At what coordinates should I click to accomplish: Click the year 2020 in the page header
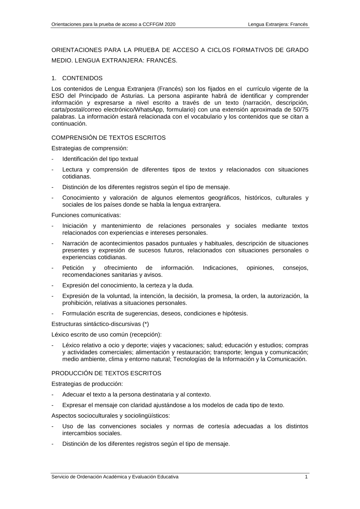pyautogui.click(x=169, y=24)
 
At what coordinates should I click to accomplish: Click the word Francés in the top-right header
pyautogui.click(x=298, y=24)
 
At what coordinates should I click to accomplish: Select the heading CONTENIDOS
pyautogui.click(x=82, y=78)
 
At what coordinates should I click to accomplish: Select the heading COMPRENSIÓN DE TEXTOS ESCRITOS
pyautogui.click(x=108, y=138)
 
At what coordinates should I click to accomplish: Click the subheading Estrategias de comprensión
pyautogui.click(x=90, y=148)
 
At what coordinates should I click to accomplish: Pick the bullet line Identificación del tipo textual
pyautogui.click(x=100, y=159)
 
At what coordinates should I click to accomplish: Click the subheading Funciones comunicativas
pyautogui.click(x=86, y=215)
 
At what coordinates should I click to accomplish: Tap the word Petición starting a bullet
pyautogui.click(x=73, y=268)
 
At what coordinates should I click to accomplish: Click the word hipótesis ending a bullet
pyautogui.click(x=235, y=314)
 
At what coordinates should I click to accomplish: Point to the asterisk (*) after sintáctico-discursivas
pyautogui.click(x=145, y=324)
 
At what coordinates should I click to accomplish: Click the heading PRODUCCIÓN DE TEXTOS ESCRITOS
pyautogui.click(x=106, y=373)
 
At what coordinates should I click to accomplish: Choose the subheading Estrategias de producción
pyautogui.click(x=87, y=384)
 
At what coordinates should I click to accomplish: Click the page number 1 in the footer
pyautogui.click(x=306, y=477)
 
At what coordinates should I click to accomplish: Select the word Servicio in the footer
pyautogui.click(x=60, y=477)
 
